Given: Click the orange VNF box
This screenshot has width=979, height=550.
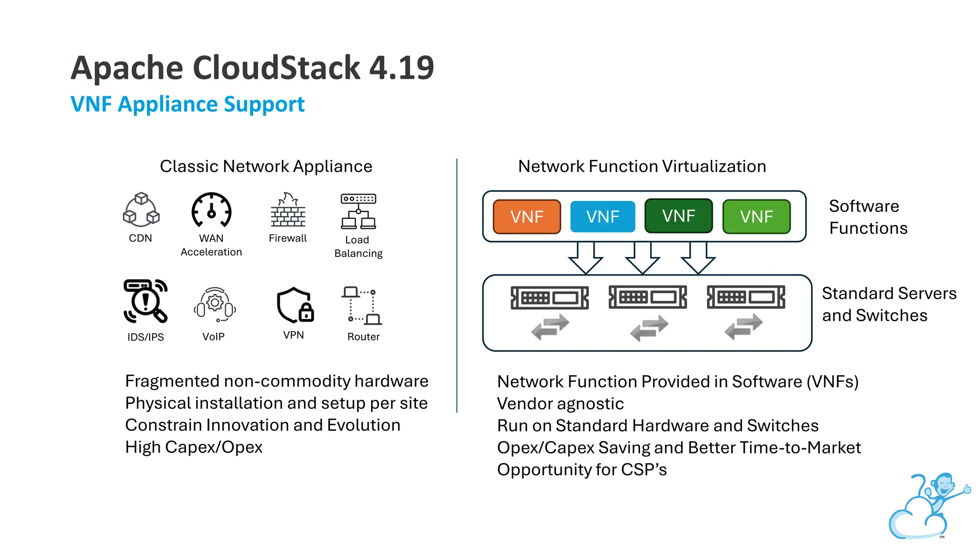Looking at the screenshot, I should (526, 217).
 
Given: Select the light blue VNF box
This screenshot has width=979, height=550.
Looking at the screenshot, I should (602, 217).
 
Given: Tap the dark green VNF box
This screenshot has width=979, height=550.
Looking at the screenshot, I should (678, 216).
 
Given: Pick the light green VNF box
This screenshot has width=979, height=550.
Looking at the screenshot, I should (756, 217).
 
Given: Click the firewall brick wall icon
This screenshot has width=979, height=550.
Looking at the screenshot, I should (288, 211).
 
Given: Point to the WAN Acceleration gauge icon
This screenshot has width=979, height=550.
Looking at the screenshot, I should (211, 211).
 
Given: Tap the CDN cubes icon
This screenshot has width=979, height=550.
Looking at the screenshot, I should (141, 210).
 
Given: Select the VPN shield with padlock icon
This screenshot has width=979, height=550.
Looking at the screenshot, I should (294, 306).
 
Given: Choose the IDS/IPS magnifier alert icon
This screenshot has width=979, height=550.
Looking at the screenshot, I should (145, 301).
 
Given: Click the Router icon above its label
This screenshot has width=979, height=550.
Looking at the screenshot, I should (362, 306).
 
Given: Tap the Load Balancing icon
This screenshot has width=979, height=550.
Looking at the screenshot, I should (359, 212).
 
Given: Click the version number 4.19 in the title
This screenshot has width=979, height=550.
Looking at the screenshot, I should (402, 68).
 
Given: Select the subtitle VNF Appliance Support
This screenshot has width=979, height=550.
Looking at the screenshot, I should (187, 104).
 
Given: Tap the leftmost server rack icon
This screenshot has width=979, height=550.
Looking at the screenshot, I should (550, 298).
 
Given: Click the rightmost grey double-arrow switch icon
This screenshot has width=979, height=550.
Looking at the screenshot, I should (743, 327).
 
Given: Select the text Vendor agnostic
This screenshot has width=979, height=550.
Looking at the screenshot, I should (560, 404).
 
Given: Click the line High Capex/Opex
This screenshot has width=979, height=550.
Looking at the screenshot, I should (194, 447).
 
